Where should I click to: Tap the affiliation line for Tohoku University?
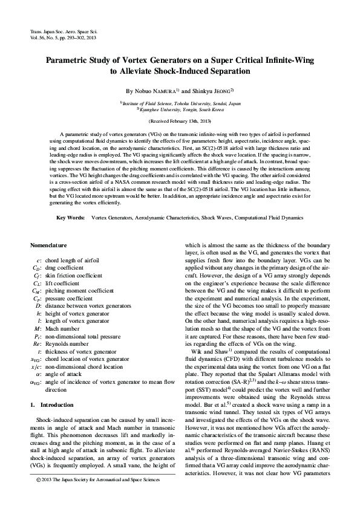180,103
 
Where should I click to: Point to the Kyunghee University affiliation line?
180,110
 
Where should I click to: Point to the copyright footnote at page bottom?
97,479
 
